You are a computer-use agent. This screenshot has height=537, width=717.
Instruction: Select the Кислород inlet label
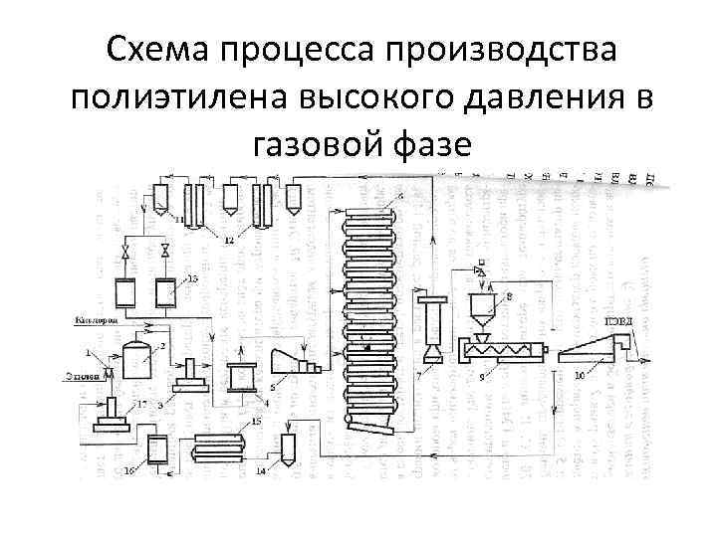tap(96, 322)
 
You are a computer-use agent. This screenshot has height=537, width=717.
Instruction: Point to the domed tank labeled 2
tap(134, 359)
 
